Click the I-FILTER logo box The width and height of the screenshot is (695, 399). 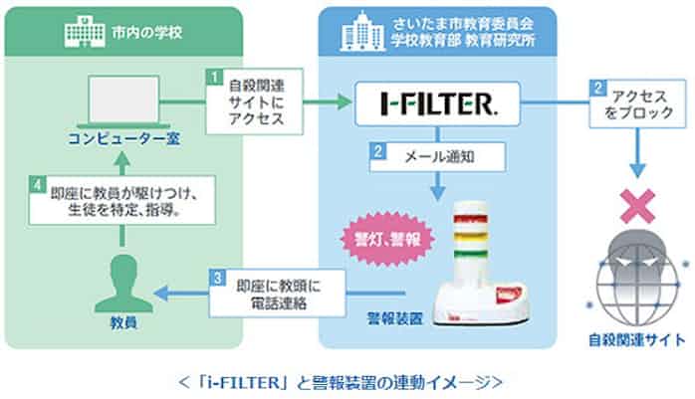[439, 101]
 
